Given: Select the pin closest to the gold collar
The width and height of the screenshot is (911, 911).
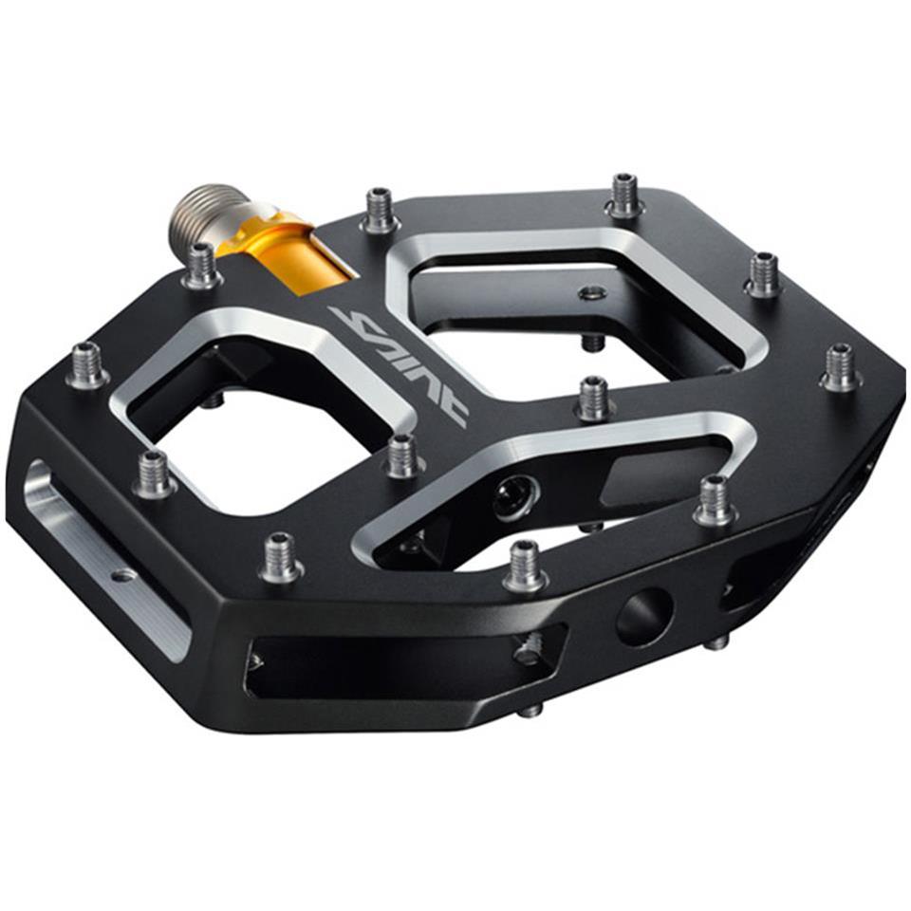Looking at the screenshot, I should pyautogui.click(x=202, y=266).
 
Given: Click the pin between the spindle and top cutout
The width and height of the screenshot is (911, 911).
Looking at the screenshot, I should pyautogui.click(x=380, y=211).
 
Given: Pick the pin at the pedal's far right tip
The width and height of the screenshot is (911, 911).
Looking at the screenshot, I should pyautogui.click(x=841, y=367).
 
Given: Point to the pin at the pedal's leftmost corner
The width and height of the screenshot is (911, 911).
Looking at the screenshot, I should pyautogui.click(x=87, y=365).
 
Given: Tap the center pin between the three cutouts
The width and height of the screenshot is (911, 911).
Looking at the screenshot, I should pyautogui.click(x=595, y=399).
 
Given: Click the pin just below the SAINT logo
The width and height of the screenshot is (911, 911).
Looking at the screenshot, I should pyautogui.click(x=402, y=456).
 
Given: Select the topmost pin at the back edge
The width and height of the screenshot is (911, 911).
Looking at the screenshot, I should pyautogui.click(x=623, y=195).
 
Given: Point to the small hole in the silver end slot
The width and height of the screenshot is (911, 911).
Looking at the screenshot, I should pyautogui.click(x=122, y=574).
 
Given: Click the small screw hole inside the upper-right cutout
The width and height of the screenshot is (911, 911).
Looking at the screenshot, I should pyautogui.click(x=593, y=292).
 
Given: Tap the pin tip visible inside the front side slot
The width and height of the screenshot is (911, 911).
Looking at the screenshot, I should pyautogui.click(x=528, y=650).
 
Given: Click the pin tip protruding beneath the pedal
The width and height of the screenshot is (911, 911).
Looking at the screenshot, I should pyautogui.click(x=530, y=708).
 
